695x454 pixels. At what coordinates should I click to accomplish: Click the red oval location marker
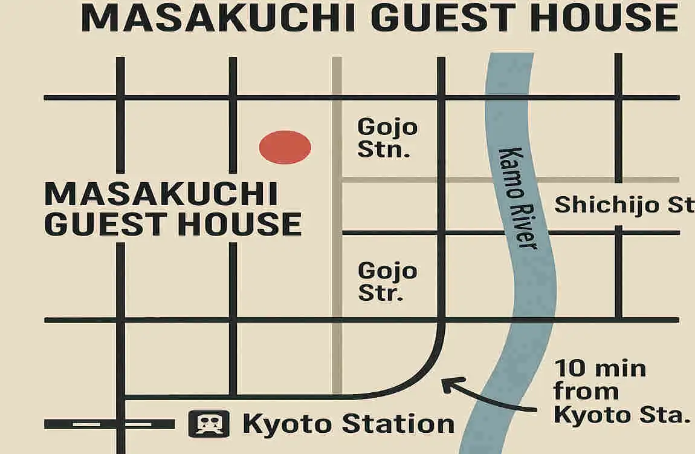point(285,147)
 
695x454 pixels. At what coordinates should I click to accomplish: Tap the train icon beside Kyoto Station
point(209,424)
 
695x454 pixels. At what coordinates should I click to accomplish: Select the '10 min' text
point(600,368)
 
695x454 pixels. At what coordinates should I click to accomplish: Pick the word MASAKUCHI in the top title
point(218,18)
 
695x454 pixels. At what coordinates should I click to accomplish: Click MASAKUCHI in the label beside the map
point(161,195)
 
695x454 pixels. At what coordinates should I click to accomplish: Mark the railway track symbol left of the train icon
point(109,424)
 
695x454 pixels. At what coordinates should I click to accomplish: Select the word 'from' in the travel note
point(586,392)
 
